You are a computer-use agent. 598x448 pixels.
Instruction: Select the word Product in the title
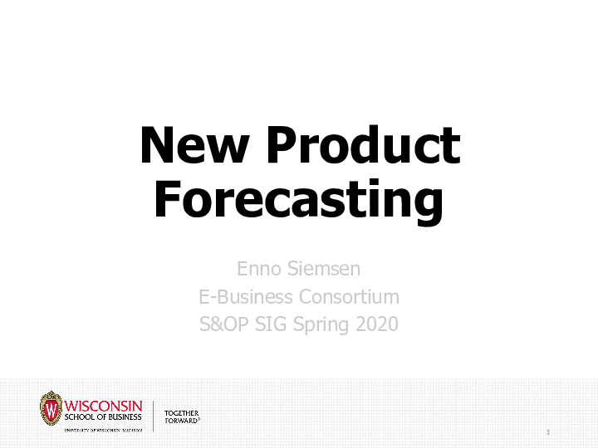point(365,146)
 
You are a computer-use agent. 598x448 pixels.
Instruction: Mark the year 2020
point(376,324)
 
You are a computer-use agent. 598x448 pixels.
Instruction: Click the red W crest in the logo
point(51,409)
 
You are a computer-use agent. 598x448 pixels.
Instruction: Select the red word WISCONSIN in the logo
point(103,407)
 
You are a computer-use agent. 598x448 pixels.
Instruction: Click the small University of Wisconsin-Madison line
point(103,430)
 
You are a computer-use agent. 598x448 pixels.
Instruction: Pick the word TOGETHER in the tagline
point(181,412)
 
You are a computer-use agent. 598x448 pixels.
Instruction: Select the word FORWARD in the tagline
point(180,421)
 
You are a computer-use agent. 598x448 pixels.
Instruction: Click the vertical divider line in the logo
point(154,415)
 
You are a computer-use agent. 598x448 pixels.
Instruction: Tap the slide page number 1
point(549,432)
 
